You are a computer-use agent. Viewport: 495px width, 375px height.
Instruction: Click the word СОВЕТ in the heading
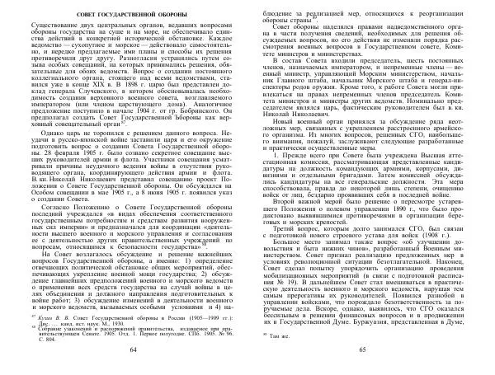point(93,17)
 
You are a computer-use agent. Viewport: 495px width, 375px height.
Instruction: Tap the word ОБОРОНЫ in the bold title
point(191,17)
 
